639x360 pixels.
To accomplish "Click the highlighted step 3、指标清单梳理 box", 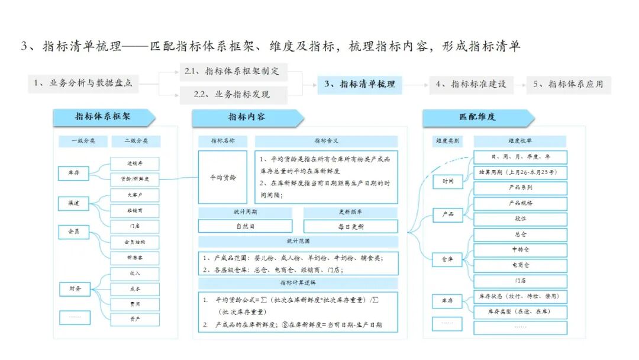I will click(360, 84).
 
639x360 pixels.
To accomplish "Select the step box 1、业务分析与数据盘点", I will click(83, 84).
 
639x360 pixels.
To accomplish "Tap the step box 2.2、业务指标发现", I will click(233, 94).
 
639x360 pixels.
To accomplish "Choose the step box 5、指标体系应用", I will click(568, 84).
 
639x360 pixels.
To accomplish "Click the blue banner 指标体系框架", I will click(103, 117).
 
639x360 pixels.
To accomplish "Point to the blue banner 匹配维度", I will click(477, 117).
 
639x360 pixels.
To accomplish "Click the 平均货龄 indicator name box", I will click(222, 177).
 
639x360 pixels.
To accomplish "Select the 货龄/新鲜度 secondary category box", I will click(135, 179).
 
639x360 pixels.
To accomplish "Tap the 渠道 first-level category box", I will click(74, 203).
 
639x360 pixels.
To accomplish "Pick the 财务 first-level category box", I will click(74, 289).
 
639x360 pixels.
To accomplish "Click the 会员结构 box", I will click(135, 242).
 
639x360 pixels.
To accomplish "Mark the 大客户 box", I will click(135, 195).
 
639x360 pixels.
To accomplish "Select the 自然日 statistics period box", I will click(245, 226).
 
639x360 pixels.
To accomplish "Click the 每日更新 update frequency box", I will click(351, 226).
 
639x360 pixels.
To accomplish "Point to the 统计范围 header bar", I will click(298, 242).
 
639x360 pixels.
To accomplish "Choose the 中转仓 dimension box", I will click(520, 250).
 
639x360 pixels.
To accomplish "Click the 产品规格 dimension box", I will click(520, 203).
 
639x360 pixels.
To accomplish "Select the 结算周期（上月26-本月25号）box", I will click(520, 173).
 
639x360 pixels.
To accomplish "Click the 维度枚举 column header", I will click(520, 142).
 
